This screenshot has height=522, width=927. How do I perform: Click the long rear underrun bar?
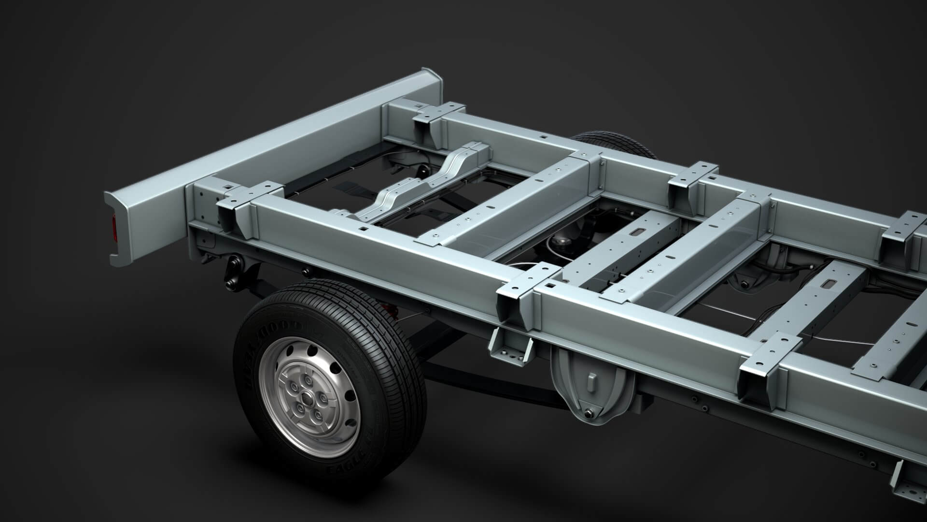270,145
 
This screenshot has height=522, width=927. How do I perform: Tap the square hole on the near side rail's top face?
362,227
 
